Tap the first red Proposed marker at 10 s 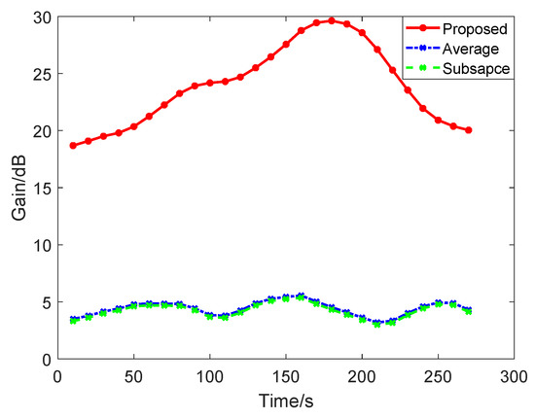click(73, 146)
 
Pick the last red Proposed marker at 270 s click(469, 130)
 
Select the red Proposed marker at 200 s click(362, 33)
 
